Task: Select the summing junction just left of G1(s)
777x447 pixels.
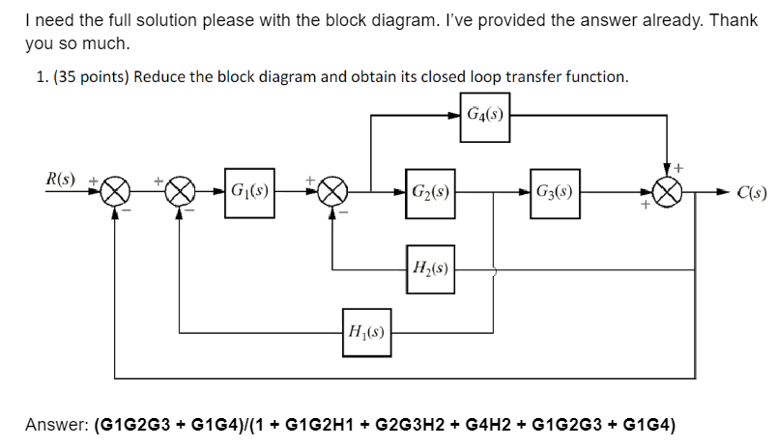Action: coord(179,191)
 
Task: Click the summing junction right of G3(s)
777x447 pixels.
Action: coord(667,191)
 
